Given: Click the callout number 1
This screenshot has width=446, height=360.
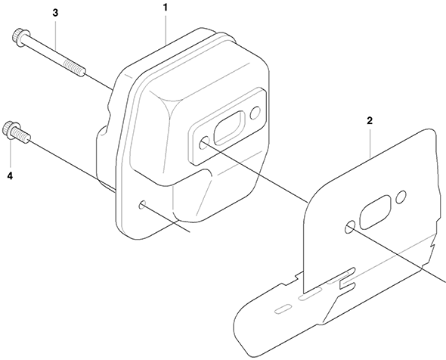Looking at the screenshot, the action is [x=165, y=7].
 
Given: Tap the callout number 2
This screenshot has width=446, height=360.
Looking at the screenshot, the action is [x=370, y=121].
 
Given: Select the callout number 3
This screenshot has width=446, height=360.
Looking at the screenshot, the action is [x=55, y=13].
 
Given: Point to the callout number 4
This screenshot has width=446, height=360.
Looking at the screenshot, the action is [x=10, y=176].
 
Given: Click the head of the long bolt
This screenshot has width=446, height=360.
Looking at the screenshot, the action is [x=20, y=36].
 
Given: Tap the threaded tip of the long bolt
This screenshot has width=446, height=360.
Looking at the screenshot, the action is [x=75, y=68].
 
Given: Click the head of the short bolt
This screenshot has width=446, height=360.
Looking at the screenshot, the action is [x=11, y=130].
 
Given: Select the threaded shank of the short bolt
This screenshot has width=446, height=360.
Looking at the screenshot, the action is [x=23, y=135].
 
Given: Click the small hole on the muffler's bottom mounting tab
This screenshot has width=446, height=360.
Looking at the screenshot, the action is [x=143, y=204].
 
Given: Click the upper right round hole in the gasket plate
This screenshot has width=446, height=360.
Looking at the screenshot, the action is [x=401, y=197].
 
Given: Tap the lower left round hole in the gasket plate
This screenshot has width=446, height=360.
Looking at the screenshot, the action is [x=350, y=227].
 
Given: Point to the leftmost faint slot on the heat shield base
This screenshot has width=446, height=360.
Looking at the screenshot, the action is [x=283, y=309].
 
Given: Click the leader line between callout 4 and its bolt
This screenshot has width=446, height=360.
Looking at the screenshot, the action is [x=11, y=154].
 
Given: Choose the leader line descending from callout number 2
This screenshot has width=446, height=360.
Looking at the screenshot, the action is [x=370, y=142].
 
